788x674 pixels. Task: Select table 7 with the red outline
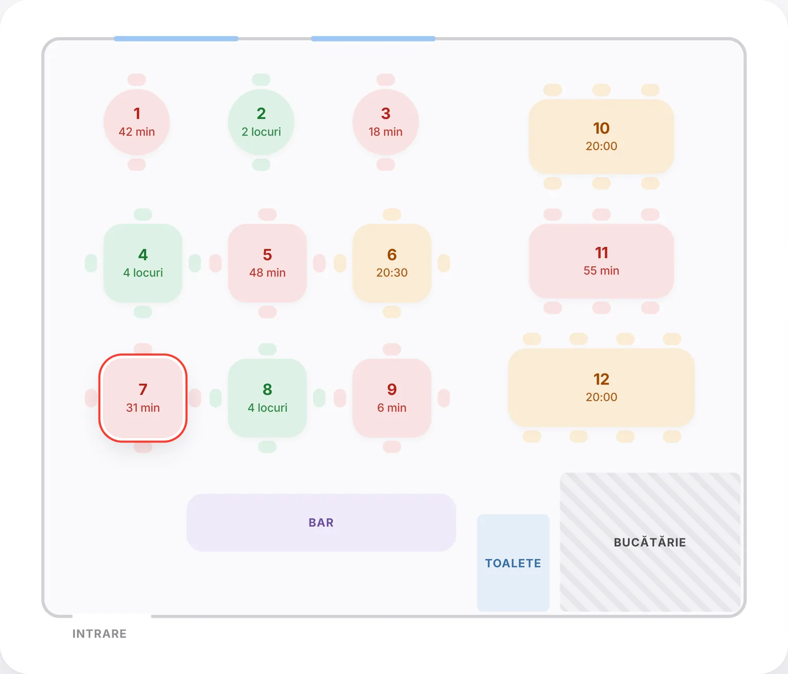click(143, 398)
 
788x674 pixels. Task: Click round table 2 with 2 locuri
click(261, 122)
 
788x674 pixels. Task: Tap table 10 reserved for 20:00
click(601, 137)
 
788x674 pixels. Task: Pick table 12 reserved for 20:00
click(601, 387)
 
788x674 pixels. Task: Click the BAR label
click(321, 522)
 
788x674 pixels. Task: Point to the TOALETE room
click(513, 563)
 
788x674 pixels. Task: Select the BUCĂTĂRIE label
click(649, 542)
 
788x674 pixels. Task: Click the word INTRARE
click(100, 633)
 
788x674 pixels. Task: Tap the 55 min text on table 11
click(601, 271)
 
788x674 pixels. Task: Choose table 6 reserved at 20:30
click(392, 263)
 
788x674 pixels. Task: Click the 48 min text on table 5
click(267, 272)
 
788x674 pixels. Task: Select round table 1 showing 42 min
click(137, 122)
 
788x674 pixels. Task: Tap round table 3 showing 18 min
click(385, 122)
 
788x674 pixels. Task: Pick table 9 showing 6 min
click(392, 398)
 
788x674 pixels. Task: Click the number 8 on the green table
click(267, 389)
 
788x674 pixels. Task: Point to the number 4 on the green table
click(143, 254)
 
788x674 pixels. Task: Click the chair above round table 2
click(261, 80)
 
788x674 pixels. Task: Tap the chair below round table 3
click(385, 165)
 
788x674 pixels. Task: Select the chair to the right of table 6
click(444, 263)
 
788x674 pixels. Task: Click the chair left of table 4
click(91, 263)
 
